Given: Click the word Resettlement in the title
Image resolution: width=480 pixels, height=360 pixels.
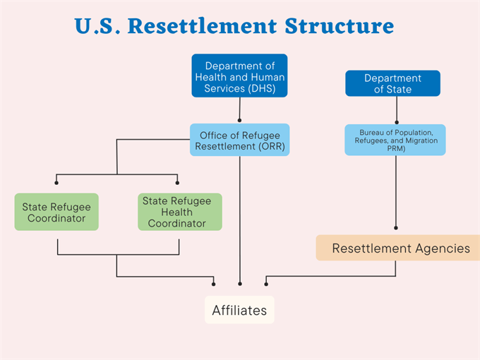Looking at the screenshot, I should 205,27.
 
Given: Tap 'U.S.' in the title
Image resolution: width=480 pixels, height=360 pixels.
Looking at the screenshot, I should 97,27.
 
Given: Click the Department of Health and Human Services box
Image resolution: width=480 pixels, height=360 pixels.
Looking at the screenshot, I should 239,76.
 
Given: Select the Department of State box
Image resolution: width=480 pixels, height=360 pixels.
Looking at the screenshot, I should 392,83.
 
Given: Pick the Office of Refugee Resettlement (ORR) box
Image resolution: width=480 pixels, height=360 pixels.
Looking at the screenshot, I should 239,140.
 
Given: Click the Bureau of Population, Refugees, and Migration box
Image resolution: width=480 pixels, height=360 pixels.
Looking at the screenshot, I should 395,140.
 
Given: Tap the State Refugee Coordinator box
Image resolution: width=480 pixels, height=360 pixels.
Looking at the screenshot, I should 56,212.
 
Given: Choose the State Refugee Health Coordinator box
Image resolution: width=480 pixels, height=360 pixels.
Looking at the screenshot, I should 179,212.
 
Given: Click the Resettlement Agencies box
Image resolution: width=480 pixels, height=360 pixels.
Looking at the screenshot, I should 400,248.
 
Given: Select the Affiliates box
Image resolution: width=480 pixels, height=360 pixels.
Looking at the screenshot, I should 239,310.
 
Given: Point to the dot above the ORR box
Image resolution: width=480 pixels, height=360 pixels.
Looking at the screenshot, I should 240,121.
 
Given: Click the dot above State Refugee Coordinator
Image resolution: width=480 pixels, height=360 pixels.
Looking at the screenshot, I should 57,183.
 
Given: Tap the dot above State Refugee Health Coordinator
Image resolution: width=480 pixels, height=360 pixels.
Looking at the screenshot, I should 178,183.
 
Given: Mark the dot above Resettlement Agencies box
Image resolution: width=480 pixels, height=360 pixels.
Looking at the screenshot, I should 396,228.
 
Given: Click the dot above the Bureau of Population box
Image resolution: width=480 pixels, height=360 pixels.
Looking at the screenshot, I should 397,121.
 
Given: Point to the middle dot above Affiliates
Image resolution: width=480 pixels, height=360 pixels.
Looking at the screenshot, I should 240,284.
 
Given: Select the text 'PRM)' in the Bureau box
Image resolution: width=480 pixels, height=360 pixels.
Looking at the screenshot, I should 395,148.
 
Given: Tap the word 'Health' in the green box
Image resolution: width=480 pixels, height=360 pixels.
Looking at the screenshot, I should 179,212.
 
